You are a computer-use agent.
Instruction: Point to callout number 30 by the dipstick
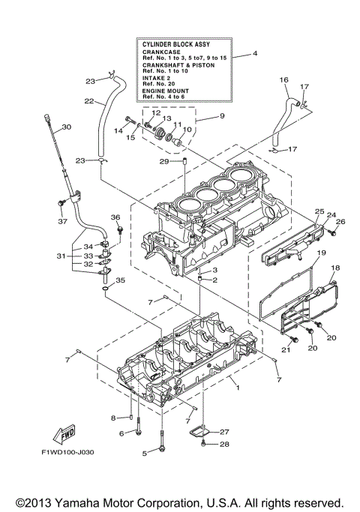pyautogui.click(x=66, y=127)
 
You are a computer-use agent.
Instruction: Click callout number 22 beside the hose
pyautogui.click(x=88, y=101)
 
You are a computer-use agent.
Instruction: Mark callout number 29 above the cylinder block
pyautogui.click(x=162, y=161)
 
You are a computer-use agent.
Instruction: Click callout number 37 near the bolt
pyautogui.click(x=62, y=221)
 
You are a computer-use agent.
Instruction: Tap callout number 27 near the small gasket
pyautogui.click(x=224, y=432)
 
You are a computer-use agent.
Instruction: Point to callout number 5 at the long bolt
pyautogui.click(x=145, y=453)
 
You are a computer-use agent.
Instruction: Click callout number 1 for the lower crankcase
pyautogui.click(x=237, y=388)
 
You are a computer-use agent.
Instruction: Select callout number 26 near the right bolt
pyautogui.click(x=340, y=221)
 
